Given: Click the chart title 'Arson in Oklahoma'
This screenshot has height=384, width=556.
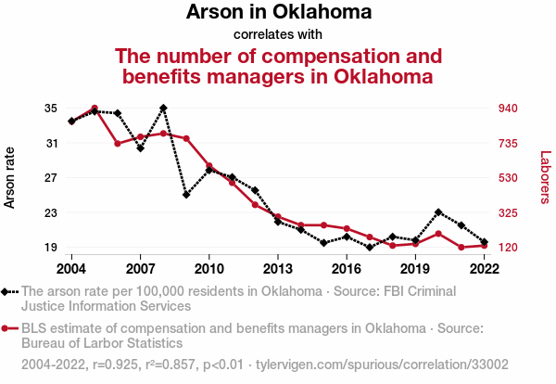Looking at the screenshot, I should [x=278, y=13].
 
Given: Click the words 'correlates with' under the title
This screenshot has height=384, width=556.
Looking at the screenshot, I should [x=278, y=35].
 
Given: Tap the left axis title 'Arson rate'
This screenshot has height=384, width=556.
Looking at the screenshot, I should [x=11, y=177].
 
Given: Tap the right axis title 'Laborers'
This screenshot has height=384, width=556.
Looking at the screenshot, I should [x=545, y=177].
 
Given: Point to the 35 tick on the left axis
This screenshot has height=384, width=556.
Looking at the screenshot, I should [x=50, y=109].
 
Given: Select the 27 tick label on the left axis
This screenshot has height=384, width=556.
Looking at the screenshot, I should [x=50, y=178].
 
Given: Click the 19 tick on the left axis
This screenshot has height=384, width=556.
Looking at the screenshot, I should [x=50, y=248].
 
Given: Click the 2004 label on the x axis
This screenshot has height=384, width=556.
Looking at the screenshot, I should [x=71, y=268].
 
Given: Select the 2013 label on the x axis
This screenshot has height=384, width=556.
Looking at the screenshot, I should [x=277, y=268].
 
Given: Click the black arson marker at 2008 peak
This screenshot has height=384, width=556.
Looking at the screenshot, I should [x=163, y=108].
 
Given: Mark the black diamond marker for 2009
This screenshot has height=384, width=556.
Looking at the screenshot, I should [x=186, y=195].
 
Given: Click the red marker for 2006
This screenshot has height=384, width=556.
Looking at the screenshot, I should [x=118, y=144].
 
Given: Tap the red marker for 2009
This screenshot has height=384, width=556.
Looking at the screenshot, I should [x=186, y=138].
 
